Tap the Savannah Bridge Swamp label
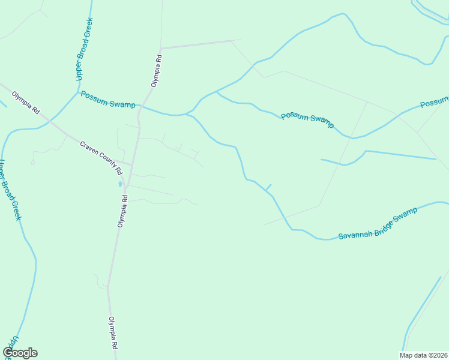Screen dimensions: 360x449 point(377,224)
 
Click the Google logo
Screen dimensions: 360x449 point(20,353)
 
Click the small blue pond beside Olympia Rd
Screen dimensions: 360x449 point(121,184)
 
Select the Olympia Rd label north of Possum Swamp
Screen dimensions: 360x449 point(157,71)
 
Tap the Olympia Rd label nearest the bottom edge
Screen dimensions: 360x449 point(112,333)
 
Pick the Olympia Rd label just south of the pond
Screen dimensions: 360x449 point(122,211)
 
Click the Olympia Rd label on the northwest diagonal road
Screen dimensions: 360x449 point(26,103)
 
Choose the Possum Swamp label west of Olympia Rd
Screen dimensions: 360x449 point(108,100)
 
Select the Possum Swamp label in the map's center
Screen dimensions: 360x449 point(307,118)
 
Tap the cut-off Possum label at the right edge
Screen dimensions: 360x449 point(434,103)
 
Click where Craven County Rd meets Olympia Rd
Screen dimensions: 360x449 point(130,164)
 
